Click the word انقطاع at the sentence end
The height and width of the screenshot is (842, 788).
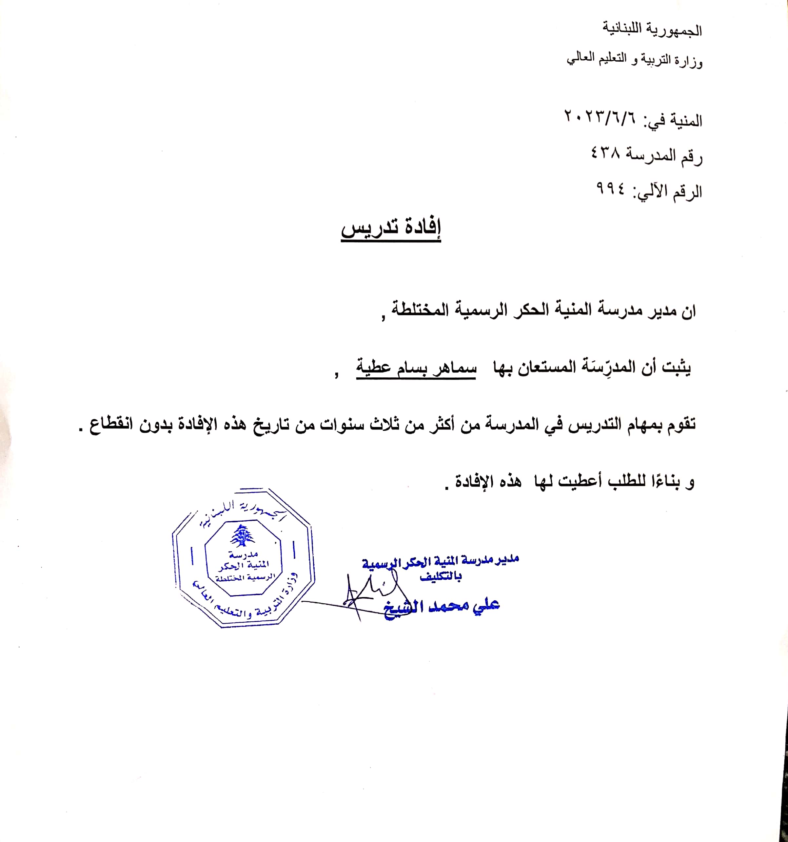pos(111,424)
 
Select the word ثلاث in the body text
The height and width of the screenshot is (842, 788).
pos(382,424)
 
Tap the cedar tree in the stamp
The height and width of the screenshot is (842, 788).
pos(243,536)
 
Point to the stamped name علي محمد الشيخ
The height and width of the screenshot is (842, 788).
pos(443,606)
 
